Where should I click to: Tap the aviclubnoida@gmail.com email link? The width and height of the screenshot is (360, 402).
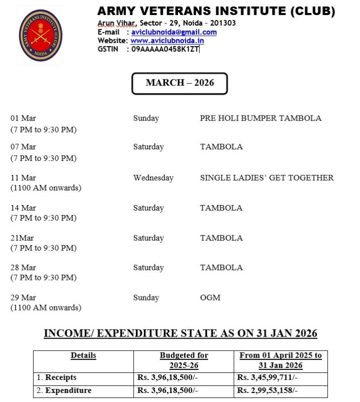click(x=173, y=32)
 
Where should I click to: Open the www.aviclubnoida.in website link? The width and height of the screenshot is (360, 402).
click(x=167, y=41)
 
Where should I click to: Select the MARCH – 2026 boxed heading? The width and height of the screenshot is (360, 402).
click(x=179, y=83)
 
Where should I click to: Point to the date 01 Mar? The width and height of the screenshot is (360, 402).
click(x=23, y=119)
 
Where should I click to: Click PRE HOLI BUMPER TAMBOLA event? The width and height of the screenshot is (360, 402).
click(x=260, y=119)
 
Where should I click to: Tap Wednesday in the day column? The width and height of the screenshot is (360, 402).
click(x=153, y=178)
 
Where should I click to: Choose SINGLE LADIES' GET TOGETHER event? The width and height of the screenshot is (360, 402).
click(x=266, y=178)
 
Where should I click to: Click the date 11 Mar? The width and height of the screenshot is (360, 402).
click(x=23, y=178)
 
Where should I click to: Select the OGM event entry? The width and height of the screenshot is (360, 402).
click(x=210, y=297)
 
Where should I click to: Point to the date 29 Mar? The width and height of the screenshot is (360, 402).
click(x=23, y=297)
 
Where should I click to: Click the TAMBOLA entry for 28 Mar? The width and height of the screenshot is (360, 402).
click(x=221, y=268)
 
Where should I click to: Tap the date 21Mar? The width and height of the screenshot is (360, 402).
click(x=22, y=238)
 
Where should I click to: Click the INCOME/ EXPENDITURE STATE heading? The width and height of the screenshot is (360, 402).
click(x=180, y=333)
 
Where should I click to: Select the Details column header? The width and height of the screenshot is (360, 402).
click(x=83, y=356)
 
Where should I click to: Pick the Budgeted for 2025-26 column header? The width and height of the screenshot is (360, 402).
click(x=184, y=360)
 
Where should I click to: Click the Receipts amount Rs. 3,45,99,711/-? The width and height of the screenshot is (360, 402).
click(x=268, y=377)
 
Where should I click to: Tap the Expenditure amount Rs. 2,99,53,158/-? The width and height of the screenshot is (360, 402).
click(x=268, y=390)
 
